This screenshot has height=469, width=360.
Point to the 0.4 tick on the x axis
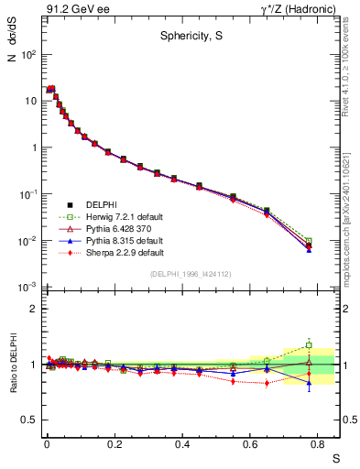click(180, 444)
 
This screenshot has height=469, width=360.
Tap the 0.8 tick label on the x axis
click(315, 444)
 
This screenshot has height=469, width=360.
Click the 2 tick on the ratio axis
click(31, 309)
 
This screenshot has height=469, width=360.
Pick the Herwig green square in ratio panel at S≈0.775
click(309, 345)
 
